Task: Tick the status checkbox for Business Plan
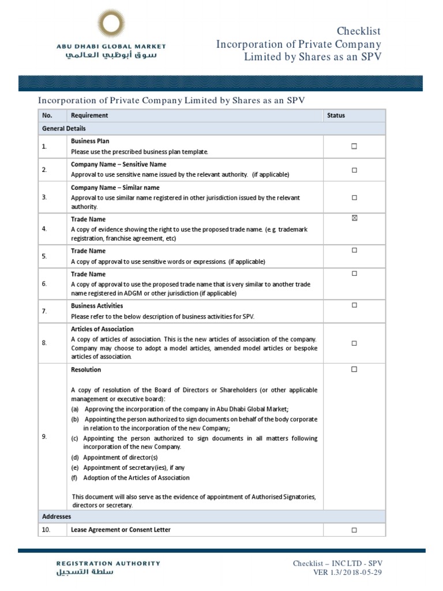[x=354, y=147]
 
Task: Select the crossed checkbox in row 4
[x=354, y=218]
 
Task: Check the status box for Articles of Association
[x=354, y=343]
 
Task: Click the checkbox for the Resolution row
[x=354, y=369]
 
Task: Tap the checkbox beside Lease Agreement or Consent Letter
[x=354, y=530]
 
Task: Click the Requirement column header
[x=89, y=115]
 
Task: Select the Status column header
[x=336, y=115]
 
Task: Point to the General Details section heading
[x=64, y=128]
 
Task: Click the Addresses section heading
[x=56, y=516]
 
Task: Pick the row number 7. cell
[x=44, y=312]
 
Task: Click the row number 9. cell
[x=44, y=437]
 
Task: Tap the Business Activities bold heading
[x=97, y=306]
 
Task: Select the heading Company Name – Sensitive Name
[x=118, y=164]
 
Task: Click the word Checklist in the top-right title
[x=359, y=31]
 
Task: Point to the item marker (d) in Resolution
[x=76, y=458]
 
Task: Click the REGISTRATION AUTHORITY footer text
[x=108, y=563]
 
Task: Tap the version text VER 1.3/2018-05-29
[x=345, y=573]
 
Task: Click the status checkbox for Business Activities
[x=354, y=305]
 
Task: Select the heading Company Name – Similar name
[x=115, y=188]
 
